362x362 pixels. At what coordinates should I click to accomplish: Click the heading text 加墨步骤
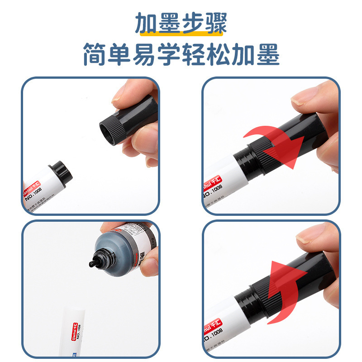[181, 24]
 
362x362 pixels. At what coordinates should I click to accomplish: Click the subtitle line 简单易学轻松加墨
[181, 54]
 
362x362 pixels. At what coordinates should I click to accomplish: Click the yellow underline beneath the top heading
[181, 33]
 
